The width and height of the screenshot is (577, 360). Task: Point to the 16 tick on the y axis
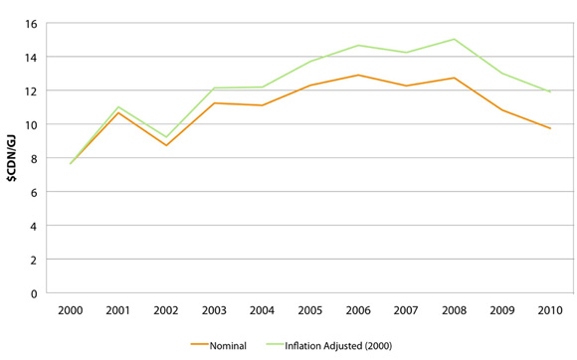click(33, 23)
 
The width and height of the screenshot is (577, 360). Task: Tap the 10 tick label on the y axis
click(33, 124)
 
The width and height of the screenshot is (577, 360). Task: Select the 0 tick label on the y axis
click(36, 293)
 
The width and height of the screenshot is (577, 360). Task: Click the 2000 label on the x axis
click(71, 310)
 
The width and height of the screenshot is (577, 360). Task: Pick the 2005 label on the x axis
click(310, 310)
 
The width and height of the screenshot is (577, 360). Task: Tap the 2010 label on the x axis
click(550, 310)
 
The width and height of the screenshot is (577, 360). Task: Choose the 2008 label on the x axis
click(455, 310)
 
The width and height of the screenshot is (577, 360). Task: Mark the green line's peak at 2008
click(455, 39)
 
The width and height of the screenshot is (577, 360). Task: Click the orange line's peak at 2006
click(358, 75)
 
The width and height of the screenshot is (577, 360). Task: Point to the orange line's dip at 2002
click(166, 146)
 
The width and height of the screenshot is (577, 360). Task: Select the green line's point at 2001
click(118, 106)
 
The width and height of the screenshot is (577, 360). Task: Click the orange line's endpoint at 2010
click(550, 128)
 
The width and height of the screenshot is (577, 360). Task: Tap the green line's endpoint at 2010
click(550, 91)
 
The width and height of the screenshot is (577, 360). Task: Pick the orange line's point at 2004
click(263, 105)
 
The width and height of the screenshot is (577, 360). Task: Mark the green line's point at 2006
click(358, 45)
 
